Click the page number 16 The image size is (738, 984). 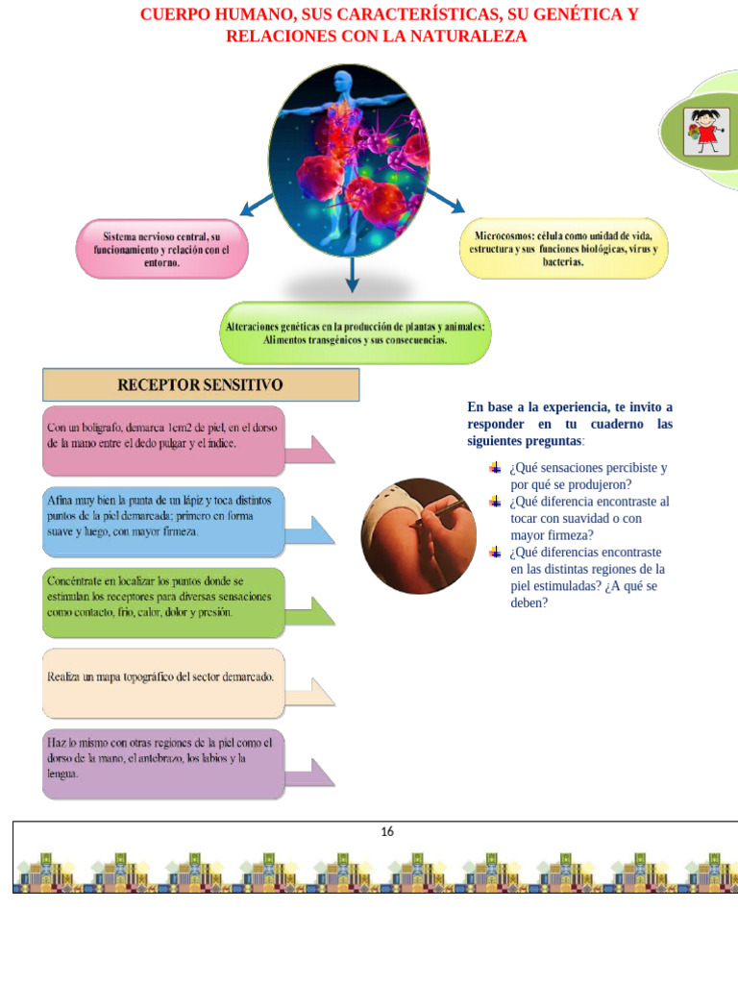[387, 832]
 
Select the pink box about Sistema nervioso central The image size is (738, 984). [161, 250]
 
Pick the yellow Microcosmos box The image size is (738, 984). [563, 249]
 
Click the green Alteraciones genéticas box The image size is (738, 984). [355, 332]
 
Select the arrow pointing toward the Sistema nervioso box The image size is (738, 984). [256, 205]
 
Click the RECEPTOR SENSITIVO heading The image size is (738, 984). [200, 385]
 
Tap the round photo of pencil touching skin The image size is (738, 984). [418, 523]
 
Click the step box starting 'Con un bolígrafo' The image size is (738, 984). [163, 440]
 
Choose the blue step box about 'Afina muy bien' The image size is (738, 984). [163, 521]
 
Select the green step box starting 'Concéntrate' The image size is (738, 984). [163, 602]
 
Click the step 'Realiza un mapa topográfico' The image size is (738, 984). [163, 682]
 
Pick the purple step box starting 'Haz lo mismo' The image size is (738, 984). [163, 763]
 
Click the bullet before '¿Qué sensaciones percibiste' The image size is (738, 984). [495, 468]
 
